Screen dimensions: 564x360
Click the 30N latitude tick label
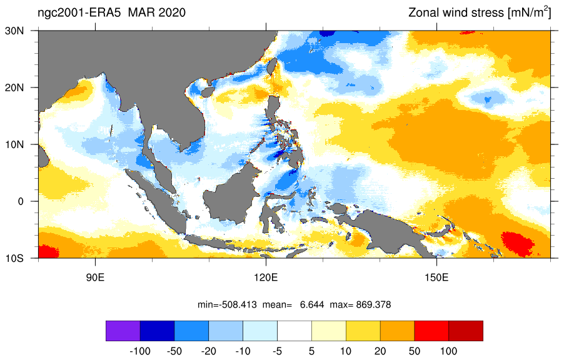point(14,31)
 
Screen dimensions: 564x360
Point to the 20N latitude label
point(14,87)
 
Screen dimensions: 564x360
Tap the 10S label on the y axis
point(14,258)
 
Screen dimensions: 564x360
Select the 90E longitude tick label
point(95,278)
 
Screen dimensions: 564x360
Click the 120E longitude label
point(266,278)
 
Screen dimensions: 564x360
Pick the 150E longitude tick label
point(436,278)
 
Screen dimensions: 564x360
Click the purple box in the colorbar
point(123,331)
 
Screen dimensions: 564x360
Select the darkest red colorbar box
point(466,331)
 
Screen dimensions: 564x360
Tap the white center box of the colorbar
point(295,331)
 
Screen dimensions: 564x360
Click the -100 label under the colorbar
point(139,351)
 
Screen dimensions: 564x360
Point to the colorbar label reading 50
point(415,351)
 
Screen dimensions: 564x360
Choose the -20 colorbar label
point(209,351)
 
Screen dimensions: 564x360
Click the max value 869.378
point(373,305)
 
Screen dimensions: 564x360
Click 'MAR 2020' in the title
point(157,12)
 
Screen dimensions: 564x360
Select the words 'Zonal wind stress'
point(456,13)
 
